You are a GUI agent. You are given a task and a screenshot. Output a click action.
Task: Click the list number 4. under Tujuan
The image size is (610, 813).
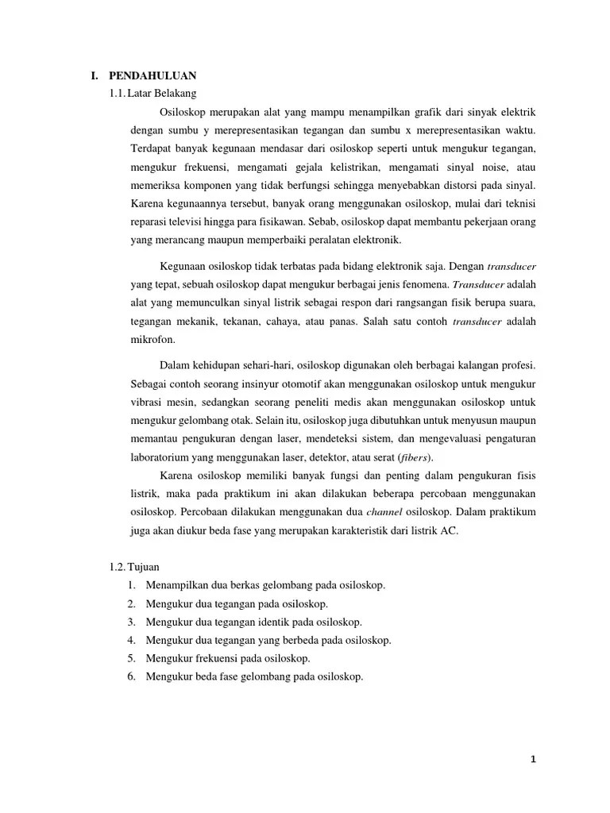coord(131,640)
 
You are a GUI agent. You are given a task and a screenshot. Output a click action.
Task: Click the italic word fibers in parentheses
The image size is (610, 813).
coord(415,457)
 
